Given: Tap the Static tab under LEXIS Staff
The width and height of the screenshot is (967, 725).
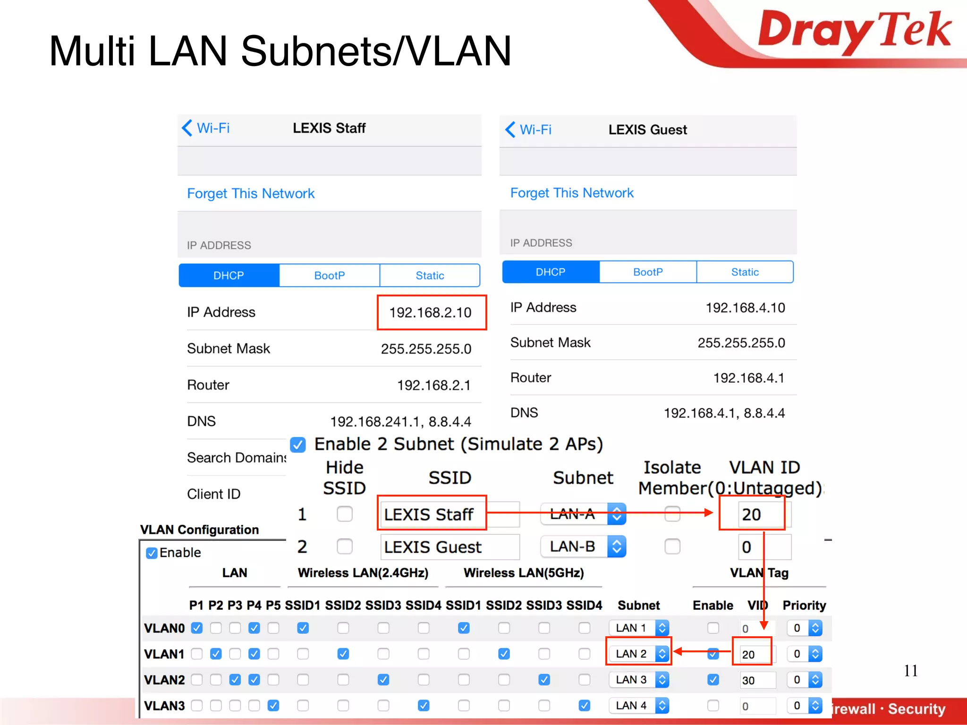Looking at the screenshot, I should pyautogui.click(x=430, y=275).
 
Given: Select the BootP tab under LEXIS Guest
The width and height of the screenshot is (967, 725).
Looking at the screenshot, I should pyautogui.click(x=648, y=272).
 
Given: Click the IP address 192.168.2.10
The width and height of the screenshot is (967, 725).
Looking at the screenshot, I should pyautogui.click(x=430, y=312).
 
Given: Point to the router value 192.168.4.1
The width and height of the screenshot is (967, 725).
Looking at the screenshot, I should pyautogui.click(x=748, y=378).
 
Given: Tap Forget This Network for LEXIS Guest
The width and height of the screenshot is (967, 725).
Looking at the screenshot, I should pyautogui.click(x=571, y=193).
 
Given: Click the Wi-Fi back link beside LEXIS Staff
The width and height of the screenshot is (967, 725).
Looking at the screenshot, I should pyautogui.click(x=206, y=128).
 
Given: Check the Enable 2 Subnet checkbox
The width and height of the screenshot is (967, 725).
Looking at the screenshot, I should pyautogui.click(x=298, y=445).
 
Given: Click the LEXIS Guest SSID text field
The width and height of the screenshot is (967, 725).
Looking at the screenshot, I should pyautogui.click(x=449, y=547).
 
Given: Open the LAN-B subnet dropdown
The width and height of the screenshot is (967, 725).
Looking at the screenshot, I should pyautogui.click(x=583, y=547).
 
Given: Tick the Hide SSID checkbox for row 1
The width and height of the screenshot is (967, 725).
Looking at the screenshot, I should pyautogui.click(x=345, y=514).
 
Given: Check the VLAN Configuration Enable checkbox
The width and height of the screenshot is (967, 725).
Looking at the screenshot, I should pyautogui.click(x=152, y=553).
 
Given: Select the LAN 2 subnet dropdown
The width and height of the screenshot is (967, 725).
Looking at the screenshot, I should pyautogui.click(x=638, y=654).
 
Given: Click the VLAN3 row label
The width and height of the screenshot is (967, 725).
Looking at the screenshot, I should pyautogui.click(x=164, y=706).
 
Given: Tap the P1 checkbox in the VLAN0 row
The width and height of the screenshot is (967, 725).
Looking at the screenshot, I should pyautogui.click(x=197, y=628).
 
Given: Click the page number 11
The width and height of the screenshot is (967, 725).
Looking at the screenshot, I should pyautogui.click(x=910, y=671).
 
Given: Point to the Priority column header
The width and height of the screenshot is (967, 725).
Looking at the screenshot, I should pyautogui.click(x=804, y=606).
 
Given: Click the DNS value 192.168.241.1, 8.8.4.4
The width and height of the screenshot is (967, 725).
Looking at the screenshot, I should pyautogui.click(x=400, y=422).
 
